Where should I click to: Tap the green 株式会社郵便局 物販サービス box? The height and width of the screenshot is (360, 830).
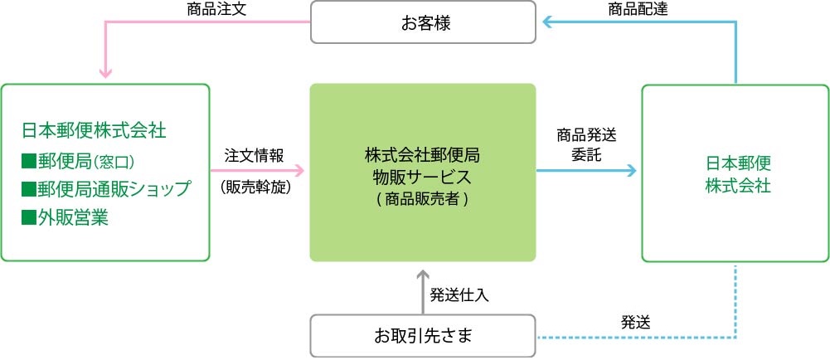pyautogui.click(x=423, y=172)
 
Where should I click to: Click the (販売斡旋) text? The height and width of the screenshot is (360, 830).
pyautogui.click(x=253, y=187)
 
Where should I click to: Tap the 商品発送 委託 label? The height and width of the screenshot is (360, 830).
pyautogui.click(x=586, y=144)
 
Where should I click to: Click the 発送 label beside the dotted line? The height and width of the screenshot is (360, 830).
pyautogui.click(x=635, y=322)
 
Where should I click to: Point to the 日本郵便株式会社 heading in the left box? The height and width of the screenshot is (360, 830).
pyautogui.click(x=94, y=130)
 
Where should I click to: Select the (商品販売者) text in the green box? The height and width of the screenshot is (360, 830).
pyautogui.click(x=423, y=198)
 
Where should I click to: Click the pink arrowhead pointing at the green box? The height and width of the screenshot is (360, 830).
pyautogui.click(x=299, y=171)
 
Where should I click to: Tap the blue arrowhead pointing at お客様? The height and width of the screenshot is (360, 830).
pyautogui.click(x=546, y=23)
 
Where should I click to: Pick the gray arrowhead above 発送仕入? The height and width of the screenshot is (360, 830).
pyautogui.click(x=423, y=275)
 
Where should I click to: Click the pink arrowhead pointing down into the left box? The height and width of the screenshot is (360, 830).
pyautogui.click(x=105, y=72)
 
